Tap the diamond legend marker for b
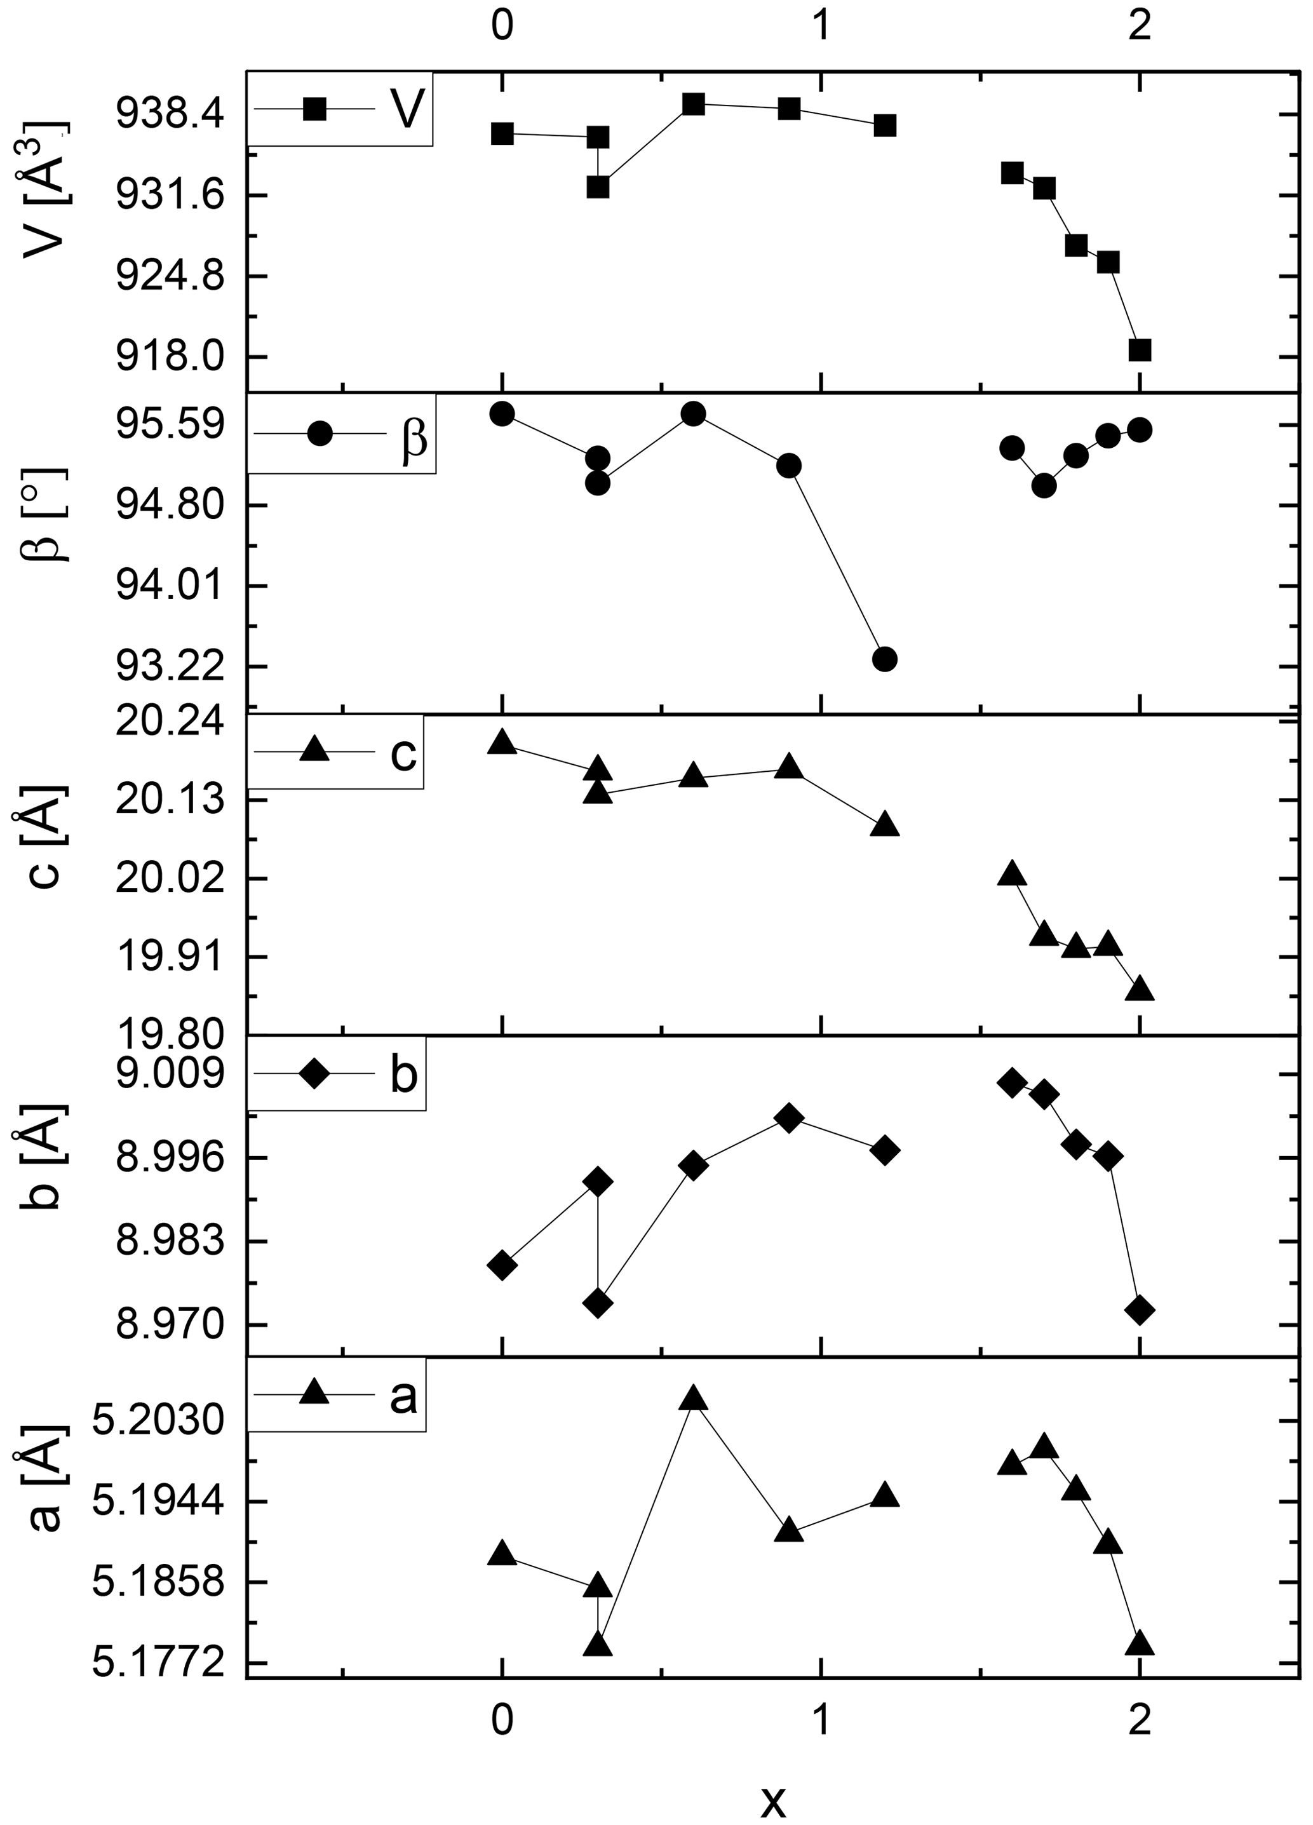[x=314, y=1074]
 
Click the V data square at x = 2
[x=1139, y=350]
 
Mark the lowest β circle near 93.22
[x=884, y=658]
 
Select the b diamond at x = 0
[x=502, y=1265]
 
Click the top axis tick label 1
[x=821, y=27]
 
